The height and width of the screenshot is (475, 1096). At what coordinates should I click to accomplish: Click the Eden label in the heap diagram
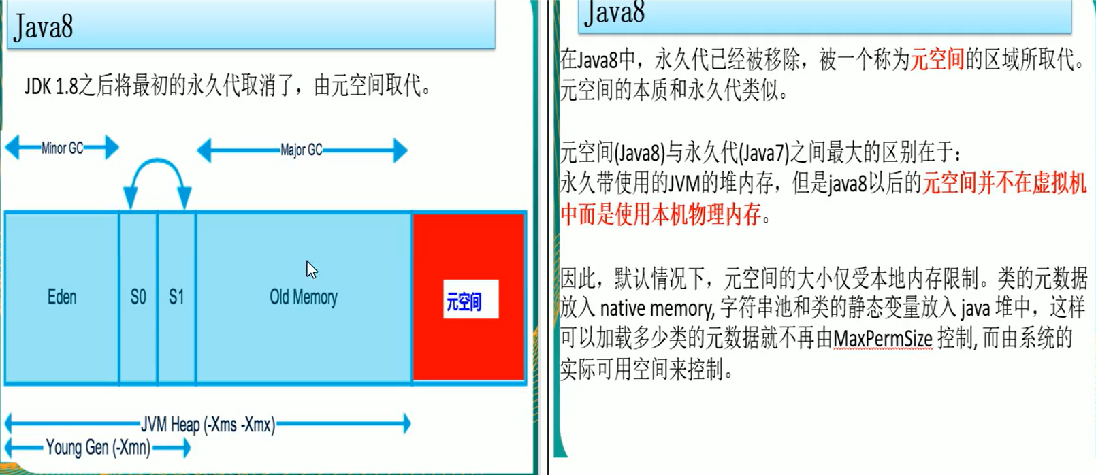point(62,297)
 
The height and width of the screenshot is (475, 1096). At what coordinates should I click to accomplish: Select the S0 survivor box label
point(138,297)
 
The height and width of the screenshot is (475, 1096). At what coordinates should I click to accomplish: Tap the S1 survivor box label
point(176,297)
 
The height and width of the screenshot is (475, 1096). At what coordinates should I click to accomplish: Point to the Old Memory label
point(304,297)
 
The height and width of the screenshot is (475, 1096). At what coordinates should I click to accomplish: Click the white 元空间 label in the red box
point(470,300)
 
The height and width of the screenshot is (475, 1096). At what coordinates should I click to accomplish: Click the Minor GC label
point(62,148)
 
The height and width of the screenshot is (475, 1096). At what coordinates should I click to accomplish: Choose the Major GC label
point(302,150)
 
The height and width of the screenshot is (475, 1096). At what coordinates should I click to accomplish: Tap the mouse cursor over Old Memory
point(311,269)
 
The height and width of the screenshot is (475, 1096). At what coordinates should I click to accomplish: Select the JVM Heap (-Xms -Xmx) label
point(208,425)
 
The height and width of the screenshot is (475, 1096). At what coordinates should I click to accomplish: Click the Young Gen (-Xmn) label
point(98,447)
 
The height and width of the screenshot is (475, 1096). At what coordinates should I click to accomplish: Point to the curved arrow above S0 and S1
point(157,170)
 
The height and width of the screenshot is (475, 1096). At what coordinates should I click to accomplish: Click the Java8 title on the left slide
point(44,27)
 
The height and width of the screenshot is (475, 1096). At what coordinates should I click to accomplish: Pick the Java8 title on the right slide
point(615,12)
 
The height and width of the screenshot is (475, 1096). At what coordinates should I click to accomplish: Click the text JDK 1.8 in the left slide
point(52,86)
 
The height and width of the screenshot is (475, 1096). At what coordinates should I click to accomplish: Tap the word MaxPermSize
point(883,338)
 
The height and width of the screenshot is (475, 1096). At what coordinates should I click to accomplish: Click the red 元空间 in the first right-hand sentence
point(937,60)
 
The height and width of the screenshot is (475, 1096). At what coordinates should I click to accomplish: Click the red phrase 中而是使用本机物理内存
point(660,214)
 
